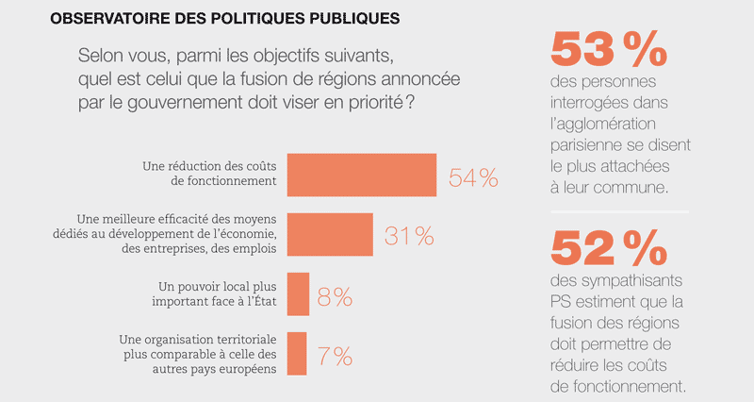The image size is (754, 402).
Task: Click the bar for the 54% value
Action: (x=361, y=175)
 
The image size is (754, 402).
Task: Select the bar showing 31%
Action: (x=330, y=235)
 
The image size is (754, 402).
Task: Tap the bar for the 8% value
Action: (x=298, y=295)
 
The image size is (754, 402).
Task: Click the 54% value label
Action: (x=473, y=176)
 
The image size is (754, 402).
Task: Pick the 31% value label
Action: (x=409, y=236)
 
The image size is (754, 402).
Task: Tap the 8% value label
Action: (x=335, y=296)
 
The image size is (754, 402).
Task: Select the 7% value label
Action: (x=335, y=356)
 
